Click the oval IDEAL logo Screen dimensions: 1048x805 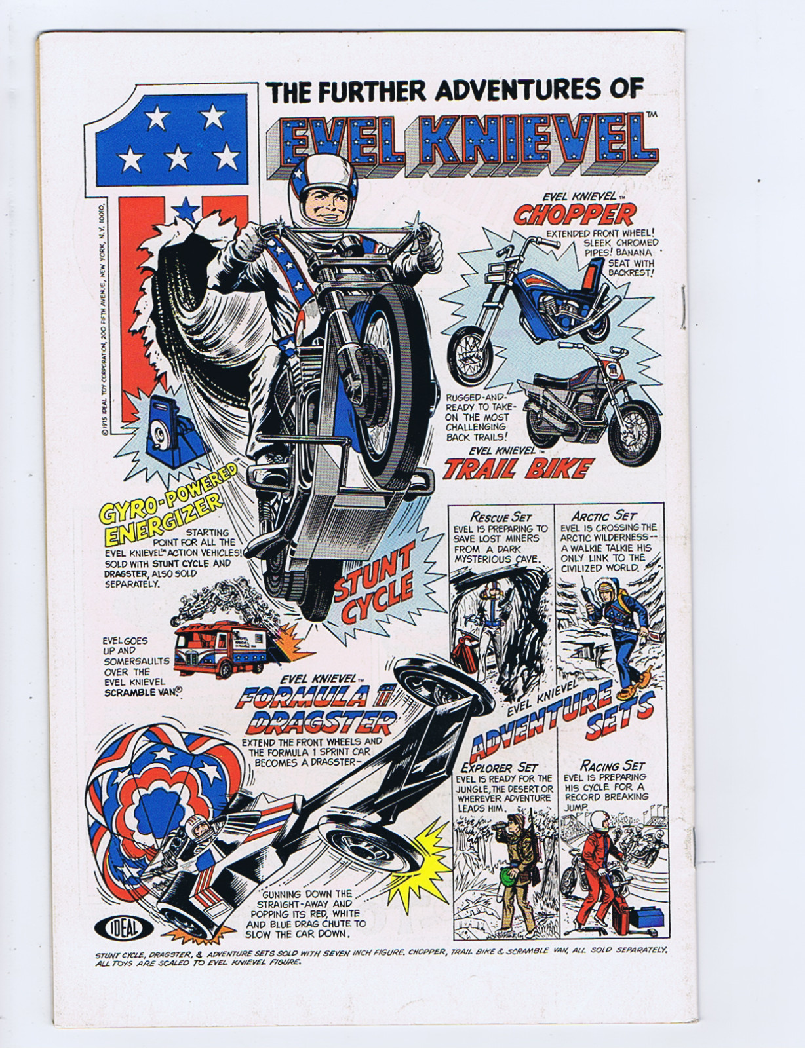pyautogui.click(x=124, y=927)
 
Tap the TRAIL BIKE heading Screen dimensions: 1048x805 pyautogui.click(x=518, y=468)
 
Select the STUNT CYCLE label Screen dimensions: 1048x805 pyautogui.click(x=375, y=586)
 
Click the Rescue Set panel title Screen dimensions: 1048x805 pyautogui.click(x=501, y=517)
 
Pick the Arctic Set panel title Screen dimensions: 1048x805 pyautogui.click(x=603, y=516)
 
